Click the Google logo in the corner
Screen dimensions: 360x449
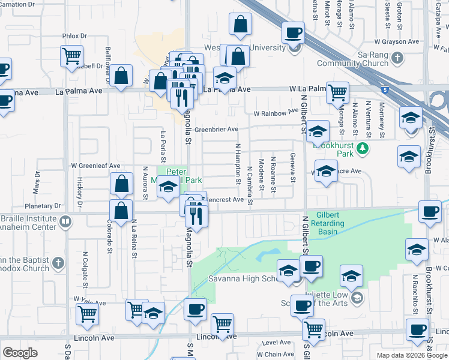point(20,353)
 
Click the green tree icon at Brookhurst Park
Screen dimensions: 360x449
point(363,148)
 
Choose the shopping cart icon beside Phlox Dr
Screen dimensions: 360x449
point(71,56)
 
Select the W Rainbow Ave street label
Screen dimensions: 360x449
point(276,112)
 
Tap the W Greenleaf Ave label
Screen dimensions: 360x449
point(95,166)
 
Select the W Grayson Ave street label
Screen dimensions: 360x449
point(396,42)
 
